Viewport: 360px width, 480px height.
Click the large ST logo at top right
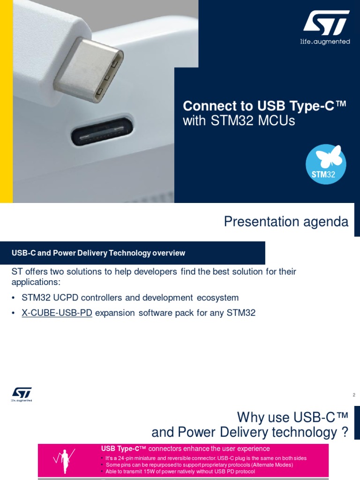coord(326,23)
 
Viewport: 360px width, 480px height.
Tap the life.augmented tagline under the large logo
coord(325,42)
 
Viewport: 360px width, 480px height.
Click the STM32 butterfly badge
coord(326,165)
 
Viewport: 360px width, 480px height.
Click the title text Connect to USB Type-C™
coord(264,105)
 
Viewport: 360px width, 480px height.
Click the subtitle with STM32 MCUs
coord(239,121)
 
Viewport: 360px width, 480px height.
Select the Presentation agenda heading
coord(286,221)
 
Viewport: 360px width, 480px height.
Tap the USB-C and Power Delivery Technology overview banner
coord(98,253)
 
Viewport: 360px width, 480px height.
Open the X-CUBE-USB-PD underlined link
coord(57,313)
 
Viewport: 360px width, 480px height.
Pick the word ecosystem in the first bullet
coord(217,298)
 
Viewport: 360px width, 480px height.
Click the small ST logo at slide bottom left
coord(22,394)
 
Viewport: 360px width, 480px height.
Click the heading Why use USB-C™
coord(292,417)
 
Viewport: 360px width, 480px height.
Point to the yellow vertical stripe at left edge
coord(6,101)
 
